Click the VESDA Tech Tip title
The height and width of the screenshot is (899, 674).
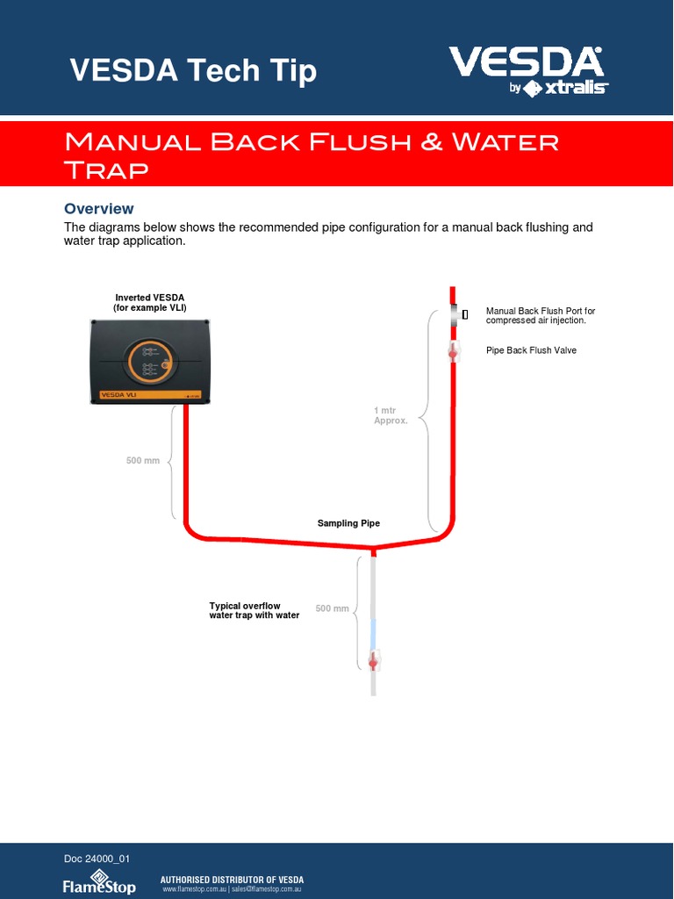(193, 70)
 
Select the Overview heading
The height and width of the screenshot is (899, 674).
(99, 208)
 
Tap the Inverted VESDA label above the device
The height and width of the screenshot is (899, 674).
(150, 303)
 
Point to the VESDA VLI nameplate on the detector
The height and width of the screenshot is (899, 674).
(119, 395)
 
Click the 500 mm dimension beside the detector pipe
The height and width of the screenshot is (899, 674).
(143, 460)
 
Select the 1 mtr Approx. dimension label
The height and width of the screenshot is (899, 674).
(391, 415)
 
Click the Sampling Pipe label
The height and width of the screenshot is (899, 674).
(348, 523)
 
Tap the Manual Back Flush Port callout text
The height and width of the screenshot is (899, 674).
(541, 315)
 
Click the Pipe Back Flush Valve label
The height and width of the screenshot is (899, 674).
(531, 350)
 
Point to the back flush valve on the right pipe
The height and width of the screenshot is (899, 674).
(453, 351)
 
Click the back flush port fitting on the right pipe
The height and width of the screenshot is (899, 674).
(455, 314)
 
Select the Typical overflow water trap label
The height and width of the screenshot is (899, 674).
(254, 610)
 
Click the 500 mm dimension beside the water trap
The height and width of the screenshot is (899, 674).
(333, 608)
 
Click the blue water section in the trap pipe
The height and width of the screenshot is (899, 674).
(374, 632)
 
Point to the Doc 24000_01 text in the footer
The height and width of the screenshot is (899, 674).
(97, 859)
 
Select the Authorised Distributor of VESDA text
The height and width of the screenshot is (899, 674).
(232, 880)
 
